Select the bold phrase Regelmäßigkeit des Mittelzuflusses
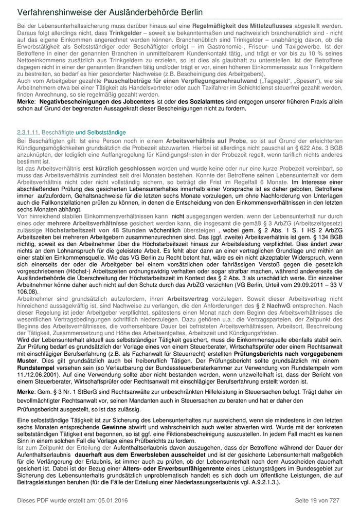(242, 25)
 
